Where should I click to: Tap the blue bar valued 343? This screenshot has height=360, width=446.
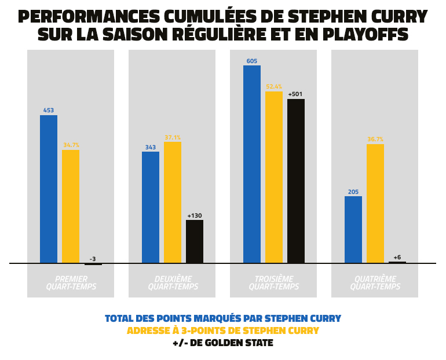[151, 207]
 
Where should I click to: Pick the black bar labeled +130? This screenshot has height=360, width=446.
[195, 241]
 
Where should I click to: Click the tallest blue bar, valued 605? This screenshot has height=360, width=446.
[252, 164]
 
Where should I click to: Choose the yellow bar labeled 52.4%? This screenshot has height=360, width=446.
[274, 177]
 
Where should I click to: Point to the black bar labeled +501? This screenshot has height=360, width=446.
[296, 181]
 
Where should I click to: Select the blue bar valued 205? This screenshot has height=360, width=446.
[353, 230]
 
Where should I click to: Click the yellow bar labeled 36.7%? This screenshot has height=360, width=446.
[375, 204]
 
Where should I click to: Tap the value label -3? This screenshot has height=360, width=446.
[93, 259]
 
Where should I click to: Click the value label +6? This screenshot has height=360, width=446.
[397, 257]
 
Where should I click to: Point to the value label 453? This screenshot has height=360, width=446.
[49, 111]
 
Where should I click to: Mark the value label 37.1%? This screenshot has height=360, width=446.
[173, 138]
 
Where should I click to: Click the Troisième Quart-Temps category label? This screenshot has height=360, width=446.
[274, 283]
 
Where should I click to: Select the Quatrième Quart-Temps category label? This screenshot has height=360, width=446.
[375, 283]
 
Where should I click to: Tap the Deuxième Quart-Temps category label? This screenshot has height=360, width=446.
[173, 283]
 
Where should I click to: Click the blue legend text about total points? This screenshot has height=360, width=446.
[223, 319]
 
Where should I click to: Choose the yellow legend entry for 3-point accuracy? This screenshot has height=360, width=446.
[223, 331]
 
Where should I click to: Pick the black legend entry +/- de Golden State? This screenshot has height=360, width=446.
[223, 343]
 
